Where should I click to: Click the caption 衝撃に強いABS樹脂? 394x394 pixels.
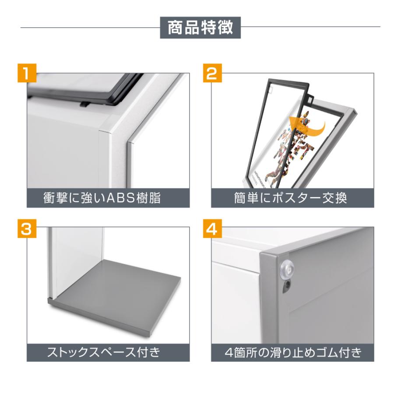point(102,198)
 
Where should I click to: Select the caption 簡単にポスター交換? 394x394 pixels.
point(291,198)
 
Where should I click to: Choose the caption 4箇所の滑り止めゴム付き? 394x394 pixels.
point(290,352)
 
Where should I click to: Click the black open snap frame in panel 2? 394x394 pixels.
point(263,131)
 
